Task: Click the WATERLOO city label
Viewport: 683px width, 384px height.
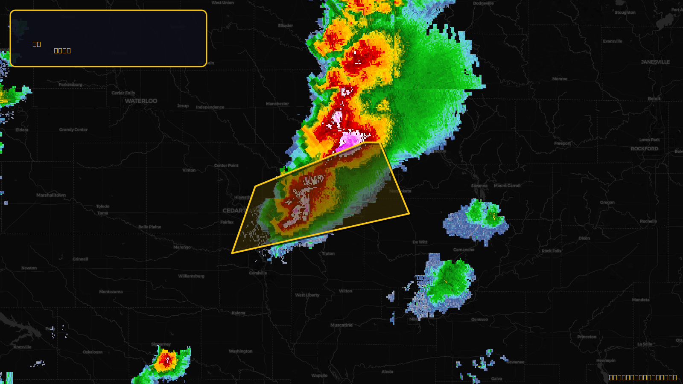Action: click(x=141, y=101)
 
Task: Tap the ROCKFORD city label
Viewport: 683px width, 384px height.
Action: click(x=644, y=149)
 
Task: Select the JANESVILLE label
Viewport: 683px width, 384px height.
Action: click(x=655, y=62)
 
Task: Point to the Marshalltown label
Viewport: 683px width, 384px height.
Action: click(x=51, y=195)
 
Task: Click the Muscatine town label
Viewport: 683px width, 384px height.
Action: click(x=341, y=325)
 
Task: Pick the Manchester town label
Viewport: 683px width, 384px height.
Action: click(x=277, y=104)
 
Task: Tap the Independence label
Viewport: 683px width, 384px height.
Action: click(x=210, y=107)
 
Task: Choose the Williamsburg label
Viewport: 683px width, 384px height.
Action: click(x=191, y=276)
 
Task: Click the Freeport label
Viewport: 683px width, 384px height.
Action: click(x=562, y=143)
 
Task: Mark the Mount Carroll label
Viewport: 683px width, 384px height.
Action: click(x=507, y=186)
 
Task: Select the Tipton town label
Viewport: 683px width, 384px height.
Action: click(x=328, y=253)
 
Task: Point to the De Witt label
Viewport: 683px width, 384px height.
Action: click(x=420, y=242)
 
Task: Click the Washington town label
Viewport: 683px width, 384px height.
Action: click(x=241, y=351)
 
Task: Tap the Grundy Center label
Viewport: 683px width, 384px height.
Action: click(x=73, y=130)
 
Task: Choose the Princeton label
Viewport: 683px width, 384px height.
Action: click(x=587, y=337)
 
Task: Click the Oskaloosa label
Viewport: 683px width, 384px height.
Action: click(x=93, y=352)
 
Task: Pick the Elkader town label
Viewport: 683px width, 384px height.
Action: click(x=286, y=26)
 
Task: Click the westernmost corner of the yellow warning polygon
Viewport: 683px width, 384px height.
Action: click(x=232, y=253)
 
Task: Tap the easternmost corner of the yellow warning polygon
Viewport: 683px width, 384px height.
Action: click(x=409, y=213)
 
